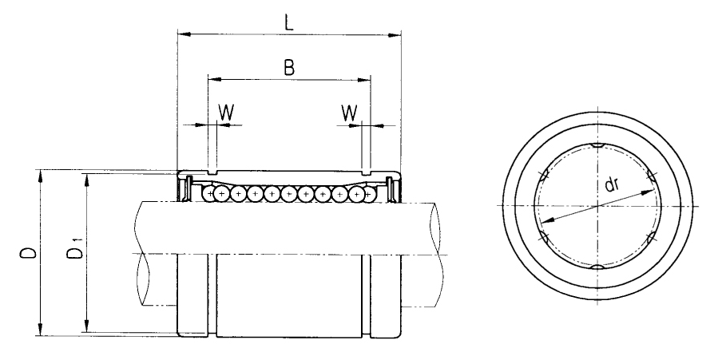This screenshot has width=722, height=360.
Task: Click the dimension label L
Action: pos(288,23)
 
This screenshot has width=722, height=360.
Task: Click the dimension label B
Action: pos(288,68)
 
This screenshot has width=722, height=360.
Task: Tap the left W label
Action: pos(225,113)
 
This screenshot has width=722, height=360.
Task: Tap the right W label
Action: pos(350,113)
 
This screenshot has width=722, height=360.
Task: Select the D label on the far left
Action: pos(28,253)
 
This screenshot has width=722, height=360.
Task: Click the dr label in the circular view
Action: pos(612,184)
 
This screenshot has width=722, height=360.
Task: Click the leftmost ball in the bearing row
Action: pos(209,194)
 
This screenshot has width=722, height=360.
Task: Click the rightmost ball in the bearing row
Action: pos(368,194)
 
